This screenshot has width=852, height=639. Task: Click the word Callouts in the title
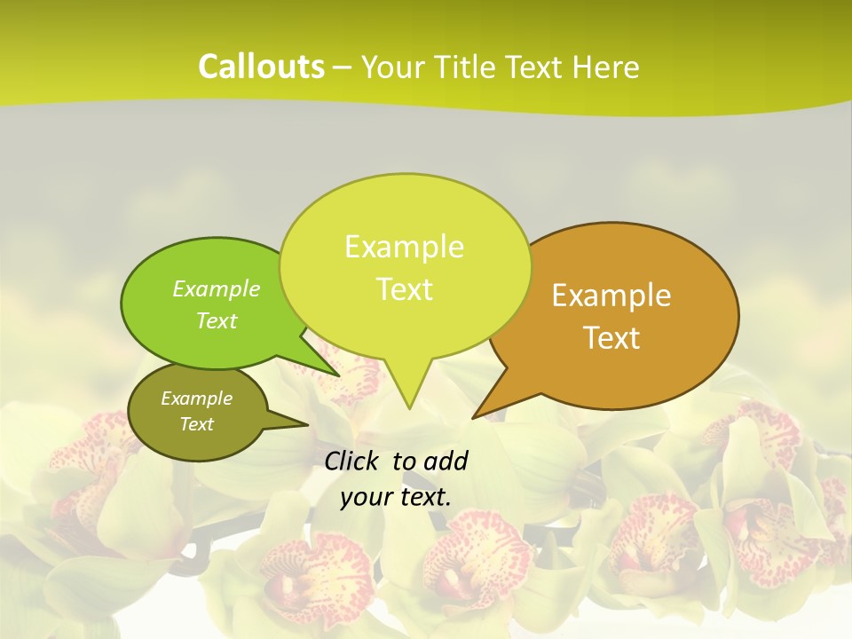(x=261, y=67)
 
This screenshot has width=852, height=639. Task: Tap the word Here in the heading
(x=605, y=67)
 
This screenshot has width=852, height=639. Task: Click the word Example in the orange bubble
(x=611, y=296)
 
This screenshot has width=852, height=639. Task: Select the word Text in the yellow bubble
(x=405, y=289)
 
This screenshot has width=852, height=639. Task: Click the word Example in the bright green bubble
(x=217, y=289)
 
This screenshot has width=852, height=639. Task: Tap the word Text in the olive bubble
(x=197, y=424)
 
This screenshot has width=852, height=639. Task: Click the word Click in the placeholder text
(x=352, y=461)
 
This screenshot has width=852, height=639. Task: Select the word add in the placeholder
(x=445, y=461)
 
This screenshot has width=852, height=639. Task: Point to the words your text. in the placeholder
(x=396, y=497)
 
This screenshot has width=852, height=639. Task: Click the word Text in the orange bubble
(x=612, y=338)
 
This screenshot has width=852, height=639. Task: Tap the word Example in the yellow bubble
(x=404, y=247)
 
